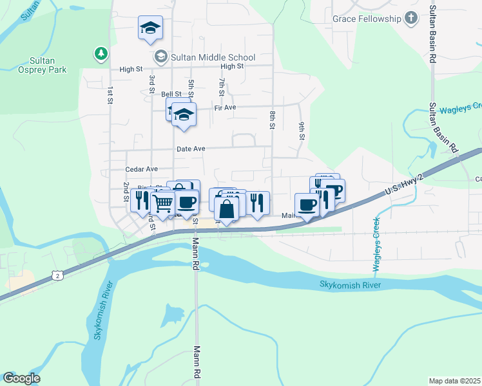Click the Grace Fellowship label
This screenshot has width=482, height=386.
click(367, 19)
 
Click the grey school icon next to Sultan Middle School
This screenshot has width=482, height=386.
click(160, 57)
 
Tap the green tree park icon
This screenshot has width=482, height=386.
click(100, 53)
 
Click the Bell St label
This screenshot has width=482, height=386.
click(171, 94)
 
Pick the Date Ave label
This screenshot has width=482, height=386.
click(191, 149)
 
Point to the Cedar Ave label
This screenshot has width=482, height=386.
click(142, 169)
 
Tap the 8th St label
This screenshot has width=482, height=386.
click(273, 120)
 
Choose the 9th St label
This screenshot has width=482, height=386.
click(301, 131)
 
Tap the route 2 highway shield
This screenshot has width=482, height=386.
click(58, 275)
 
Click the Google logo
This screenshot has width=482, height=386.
click(21, 378)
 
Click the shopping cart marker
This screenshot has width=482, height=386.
click(164, 203)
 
